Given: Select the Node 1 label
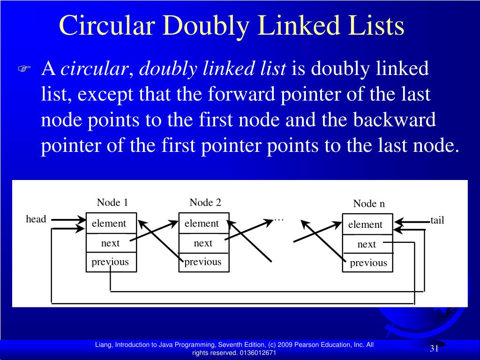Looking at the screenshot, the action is tap(112, 202).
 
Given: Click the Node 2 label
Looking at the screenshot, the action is tap(205, 202).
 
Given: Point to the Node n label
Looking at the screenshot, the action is tap(369, 203).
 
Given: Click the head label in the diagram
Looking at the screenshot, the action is tap(36, 219).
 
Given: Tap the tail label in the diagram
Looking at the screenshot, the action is tap(437, 220).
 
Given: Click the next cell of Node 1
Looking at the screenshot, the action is tap(111, 243).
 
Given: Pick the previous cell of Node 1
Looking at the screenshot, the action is tap(111, 262).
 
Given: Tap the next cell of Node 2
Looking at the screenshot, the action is tap(203, 243).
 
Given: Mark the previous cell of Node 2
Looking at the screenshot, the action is tap(203, 262).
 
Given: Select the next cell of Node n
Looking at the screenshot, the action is tap(367, 244).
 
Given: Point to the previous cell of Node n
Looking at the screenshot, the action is tap(368, 263).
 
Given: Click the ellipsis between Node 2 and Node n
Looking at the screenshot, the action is tap(279, 219).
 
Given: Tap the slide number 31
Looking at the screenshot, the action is tap(434, 349).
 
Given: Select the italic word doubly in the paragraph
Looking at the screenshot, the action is tap(165, 69).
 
